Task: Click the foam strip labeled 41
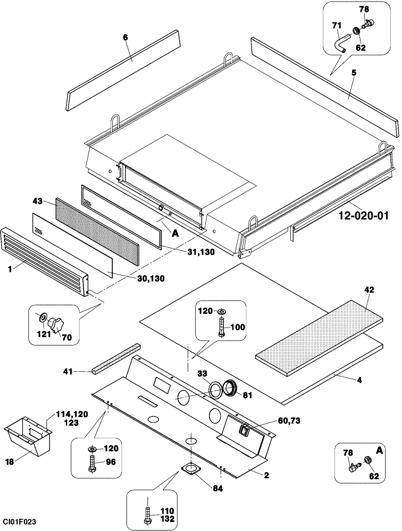[x=115, y=361]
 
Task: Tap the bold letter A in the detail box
[x=380, y=450]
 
